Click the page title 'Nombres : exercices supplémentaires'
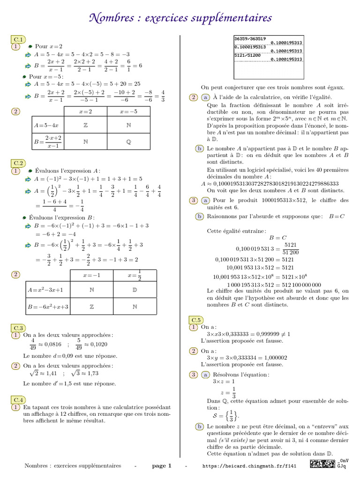coord(180,18)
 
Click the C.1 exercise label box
coord(19,39)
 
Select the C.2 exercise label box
coord(19,163)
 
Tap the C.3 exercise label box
coord(19,328)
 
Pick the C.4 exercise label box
coord(19,400)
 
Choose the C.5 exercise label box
coord(196,320)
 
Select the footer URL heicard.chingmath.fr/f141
coord(249,466)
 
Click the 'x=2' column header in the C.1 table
coord(85,112)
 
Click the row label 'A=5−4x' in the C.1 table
coord(45,125)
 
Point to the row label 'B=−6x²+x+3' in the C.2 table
coord(48,307)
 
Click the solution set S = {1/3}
coord(226,415)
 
